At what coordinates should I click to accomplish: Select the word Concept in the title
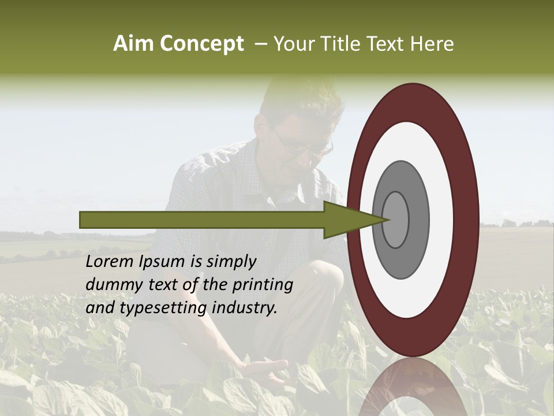(x=201, y=44)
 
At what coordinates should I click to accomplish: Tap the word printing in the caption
(x=263, y=285)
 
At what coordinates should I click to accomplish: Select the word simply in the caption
(x=231, y=262)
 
